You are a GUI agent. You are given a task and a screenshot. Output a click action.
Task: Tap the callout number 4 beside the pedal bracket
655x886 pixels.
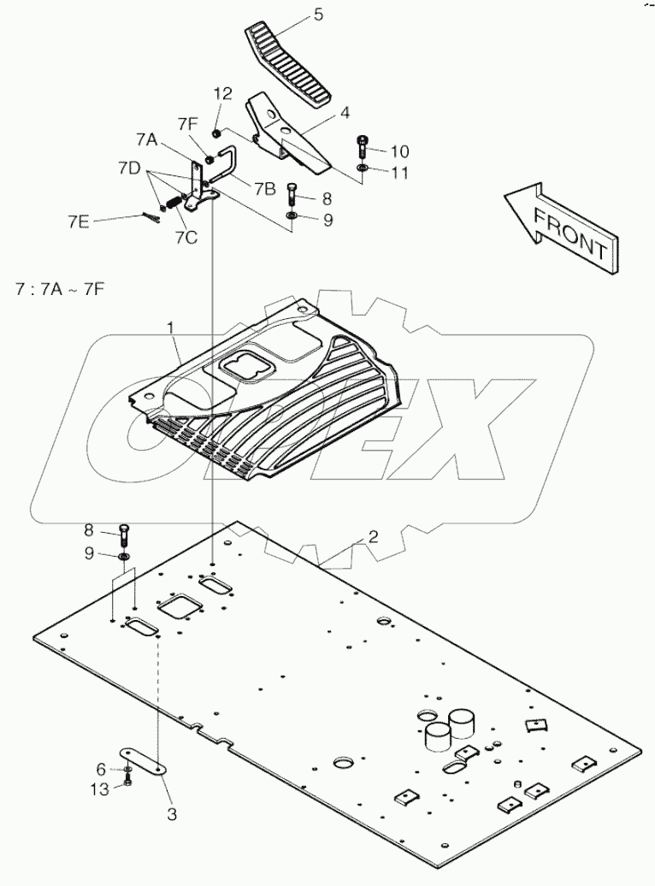tap(345, 112)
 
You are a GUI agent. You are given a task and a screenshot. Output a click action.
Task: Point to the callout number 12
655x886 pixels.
tap(222, 93)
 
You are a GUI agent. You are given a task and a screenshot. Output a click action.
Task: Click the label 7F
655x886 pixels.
tap(188, 125)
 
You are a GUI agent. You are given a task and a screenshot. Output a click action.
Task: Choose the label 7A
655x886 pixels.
tap(146, 139)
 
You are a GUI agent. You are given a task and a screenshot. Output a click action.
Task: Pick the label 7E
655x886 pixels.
tap(78, 221)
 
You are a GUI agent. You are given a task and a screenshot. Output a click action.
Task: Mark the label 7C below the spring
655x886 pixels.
tap(186, 237)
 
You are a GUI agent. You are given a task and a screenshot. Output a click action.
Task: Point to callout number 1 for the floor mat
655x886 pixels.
tap(172, 327)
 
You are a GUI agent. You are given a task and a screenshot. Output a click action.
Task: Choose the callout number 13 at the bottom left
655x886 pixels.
tap(100, 789)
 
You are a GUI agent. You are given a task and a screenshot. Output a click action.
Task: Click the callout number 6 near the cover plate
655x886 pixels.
tap(100, 769)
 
